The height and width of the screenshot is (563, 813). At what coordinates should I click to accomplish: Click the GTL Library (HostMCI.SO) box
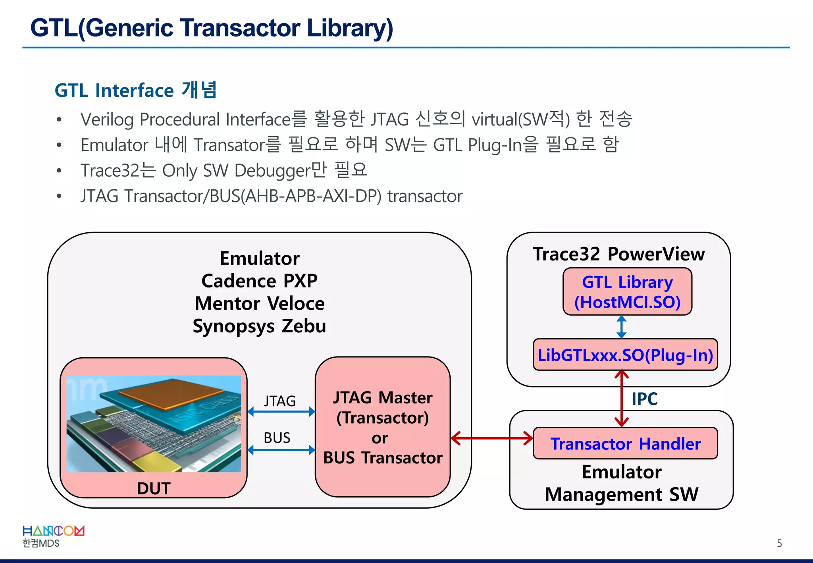point(627,292)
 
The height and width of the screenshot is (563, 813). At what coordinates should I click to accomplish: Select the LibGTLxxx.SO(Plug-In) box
point(625,355)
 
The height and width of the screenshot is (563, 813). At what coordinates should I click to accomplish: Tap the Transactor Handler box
point(625,443)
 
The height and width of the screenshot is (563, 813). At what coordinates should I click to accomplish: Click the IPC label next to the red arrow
point(644,399)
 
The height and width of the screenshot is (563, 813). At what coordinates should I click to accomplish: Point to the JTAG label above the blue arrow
point(280,401)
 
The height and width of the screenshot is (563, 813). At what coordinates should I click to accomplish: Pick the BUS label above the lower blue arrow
point(277,438)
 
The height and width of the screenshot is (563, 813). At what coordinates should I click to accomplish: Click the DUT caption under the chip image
point(154,488)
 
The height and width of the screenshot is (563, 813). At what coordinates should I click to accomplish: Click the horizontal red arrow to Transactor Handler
point(492,438)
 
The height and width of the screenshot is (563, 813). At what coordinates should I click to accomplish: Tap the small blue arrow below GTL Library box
point(622,327)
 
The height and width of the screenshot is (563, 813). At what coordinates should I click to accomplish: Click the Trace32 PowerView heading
point(618,254)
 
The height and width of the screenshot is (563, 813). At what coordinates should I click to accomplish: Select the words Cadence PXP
point(259,281)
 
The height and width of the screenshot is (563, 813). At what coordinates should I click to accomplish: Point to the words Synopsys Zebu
point(259,326)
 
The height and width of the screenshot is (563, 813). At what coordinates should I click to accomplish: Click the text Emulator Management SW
point(621,483)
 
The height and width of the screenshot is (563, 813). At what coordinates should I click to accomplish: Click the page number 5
point(779,543)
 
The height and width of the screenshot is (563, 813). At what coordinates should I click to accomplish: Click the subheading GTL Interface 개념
point(135,90)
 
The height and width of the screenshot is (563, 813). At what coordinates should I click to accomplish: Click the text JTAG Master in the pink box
point(383,397)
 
